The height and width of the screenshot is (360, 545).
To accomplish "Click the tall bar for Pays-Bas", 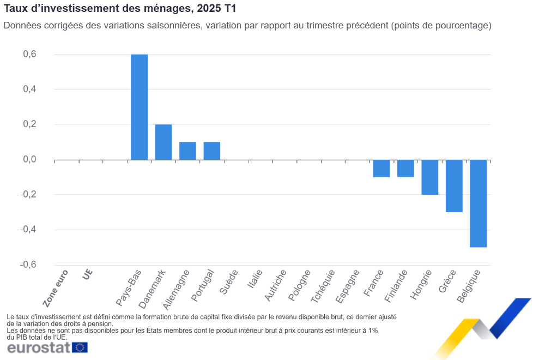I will tap(139, 107).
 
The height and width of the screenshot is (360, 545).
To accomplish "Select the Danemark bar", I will tap(163, 142).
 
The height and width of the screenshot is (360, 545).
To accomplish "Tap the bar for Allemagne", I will tap(187, 151).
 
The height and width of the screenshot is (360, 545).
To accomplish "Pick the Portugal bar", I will tap(212, 151).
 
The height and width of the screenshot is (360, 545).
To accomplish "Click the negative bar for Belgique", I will tap(479, 203).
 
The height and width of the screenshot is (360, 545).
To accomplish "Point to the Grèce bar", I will tap(454, 185).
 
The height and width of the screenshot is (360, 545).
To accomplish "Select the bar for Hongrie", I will tap(430, 177).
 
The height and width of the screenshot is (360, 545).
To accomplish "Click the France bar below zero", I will tap(381, 168).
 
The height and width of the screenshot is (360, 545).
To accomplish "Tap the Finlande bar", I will tap(405, 168).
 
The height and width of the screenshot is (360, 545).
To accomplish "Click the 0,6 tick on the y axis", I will tap(29, 54).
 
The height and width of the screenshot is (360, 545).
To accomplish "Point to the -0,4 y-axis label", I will tap(28, 229).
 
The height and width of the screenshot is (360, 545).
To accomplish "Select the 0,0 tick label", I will tap(29, 159).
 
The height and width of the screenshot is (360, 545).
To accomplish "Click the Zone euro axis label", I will tap(56, 289).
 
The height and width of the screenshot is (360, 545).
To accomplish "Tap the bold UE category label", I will tap(87, 274).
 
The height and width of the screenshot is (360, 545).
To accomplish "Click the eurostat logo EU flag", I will tap(80, 347).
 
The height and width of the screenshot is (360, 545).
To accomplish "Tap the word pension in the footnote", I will tap(100, 323).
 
